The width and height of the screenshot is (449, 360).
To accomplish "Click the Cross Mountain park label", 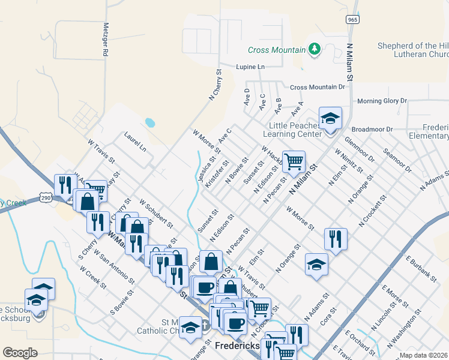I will (277, 50).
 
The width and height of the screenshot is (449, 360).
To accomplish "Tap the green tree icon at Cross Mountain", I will (314, 49).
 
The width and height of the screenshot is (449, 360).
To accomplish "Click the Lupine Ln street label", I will (250, 67).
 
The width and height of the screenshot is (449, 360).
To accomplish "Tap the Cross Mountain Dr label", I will (318, 87).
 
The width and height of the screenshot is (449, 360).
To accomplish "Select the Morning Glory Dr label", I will (382, 101).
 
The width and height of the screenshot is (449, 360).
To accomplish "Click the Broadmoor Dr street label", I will (372, 129).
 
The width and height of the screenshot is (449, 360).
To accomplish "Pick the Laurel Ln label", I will (135, 142).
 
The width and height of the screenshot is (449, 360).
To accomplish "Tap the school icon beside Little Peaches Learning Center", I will (330, 119).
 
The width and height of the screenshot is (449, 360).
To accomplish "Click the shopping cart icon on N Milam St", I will (294, 161).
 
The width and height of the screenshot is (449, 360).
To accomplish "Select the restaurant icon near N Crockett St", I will (336, 239).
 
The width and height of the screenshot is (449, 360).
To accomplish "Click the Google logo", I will (20, 353).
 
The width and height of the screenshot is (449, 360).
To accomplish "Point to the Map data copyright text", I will (424, 355).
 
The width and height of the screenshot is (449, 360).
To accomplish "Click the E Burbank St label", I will (420, 268).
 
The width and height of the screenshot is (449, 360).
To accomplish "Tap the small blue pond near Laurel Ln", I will (149, 123).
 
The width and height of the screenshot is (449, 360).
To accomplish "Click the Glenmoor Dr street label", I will (359, 149).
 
